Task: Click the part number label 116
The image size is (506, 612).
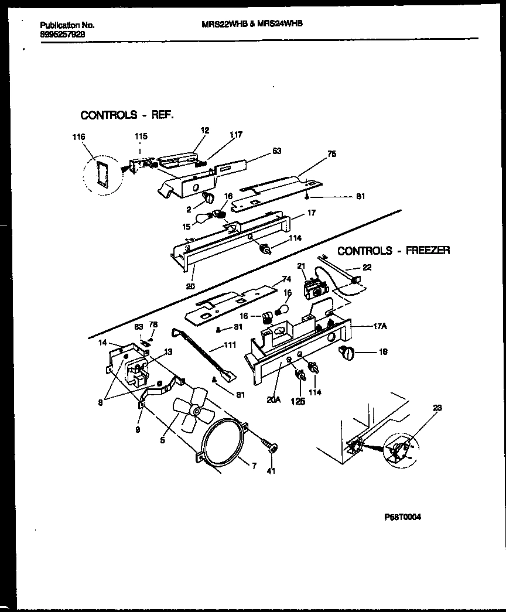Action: [78, 137]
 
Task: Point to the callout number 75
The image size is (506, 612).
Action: [331, 155]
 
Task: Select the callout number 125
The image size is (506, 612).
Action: [298, 402]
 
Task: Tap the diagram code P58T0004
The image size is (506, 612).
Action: [402, 517]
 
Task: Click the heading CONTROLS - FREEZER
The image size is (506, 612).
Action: [394, 251]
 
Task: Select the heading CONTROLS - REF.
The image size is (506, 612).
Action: [126, 115]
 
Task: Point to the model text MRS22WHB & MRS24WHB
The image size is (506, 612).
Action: [251, 24]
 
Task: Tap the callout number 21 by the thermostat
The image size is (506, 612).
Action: [302, 267]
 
